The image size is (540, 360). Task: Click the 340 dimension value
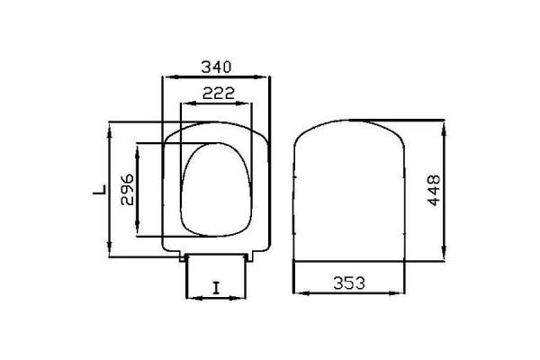tap(216, 67)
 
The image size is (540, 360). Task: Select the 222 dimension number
tap(219, 93)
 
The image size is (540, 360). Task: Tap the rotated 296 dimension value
tap(127, 190)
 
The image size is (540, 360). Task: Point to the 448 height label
tap(434, 190)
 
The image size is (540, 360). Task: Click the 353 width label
tap(349, 283)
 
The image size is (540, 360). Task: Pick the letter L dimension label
tap(100, 190)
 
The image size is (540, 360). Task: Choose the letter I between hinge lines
tap(216, 288)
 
